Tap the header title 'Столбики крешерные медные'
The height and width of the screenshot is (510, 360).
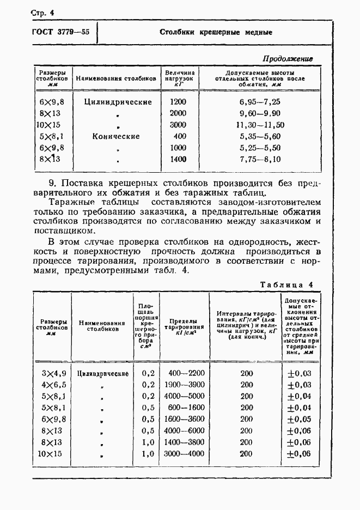click(x=216, y=32)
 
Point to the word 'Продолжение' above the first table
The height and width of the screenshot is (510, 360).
click(x=288, y=58)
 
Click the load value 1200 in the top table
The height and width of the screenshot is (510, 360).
click(x=178, y=102)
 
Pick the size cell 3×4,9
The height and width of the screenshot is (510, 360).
click(x=54, y=373)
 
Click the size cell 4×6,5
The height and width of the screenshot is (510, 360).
click(x=54, y=385)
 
